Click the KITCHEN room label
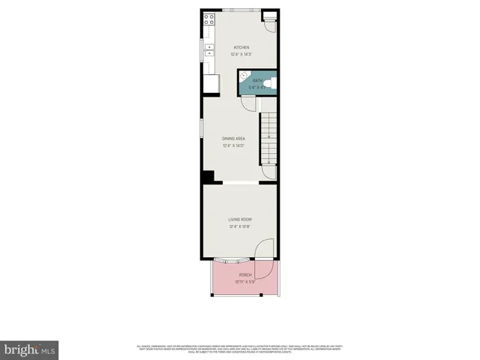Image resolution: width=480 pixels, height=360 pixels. (x=241, y=47)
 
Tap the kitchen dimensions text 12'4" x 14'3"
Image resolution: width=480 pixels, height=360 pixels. (x=241, y=54)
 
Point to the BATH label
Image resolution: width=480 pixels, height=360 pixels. (x=257, y=80)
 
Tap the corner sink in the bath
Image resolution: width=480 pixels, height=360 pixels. (x=243, y=75)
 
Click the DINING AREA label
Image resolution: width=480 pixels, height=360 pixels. (x=234, y=139)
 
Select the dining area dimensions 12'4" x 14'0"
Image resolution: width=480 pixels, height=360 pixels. (x=234, y=145)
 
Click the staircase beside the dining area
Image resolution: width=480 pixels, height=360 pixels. (x=268, y=139)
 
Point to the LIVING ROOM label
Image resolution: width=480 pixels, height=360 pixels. (x=240, y=219)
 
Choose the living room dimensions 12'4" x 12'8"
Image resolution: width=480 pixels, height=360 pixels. (x=240, y=226)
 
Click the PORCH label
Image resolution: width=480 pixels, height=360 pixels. (x=245, y=275)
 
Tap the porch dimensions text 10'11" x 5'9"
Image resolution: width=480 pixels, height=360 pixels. (x=245, y=282)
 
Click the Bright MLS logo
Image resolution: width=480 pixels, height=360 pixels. (x=30, y=349)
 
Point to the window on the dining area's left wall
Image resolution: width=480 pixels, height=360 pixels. (x=201, y=128)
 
